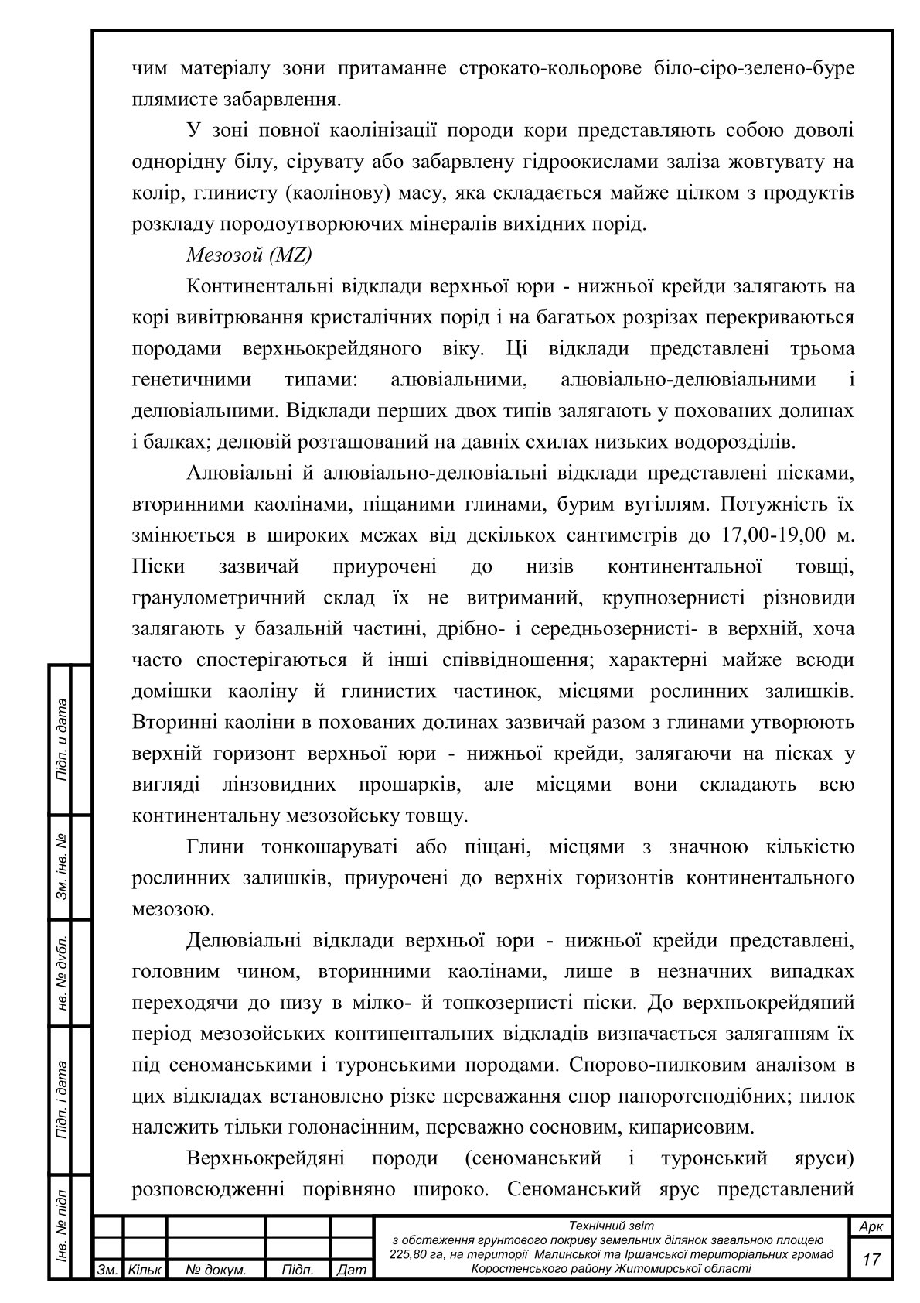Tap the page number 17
point(871,1260)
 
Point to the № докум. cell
point(216,1270)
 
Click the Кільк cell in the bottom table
point(145,1270)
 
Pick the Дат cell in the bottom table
point(352,1270)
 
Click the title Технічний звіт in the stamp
point(611,1226)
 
